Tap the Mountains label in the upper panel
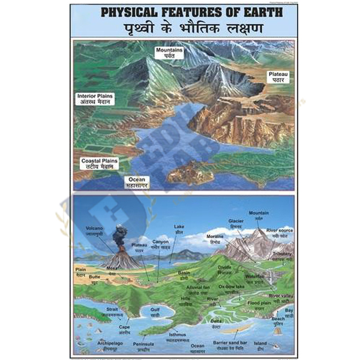(168, 52)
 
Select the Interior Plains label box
(95, 99)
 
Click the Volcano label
(95, 230)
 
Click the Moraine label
(215, 240)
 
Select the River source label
(280, 232)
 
